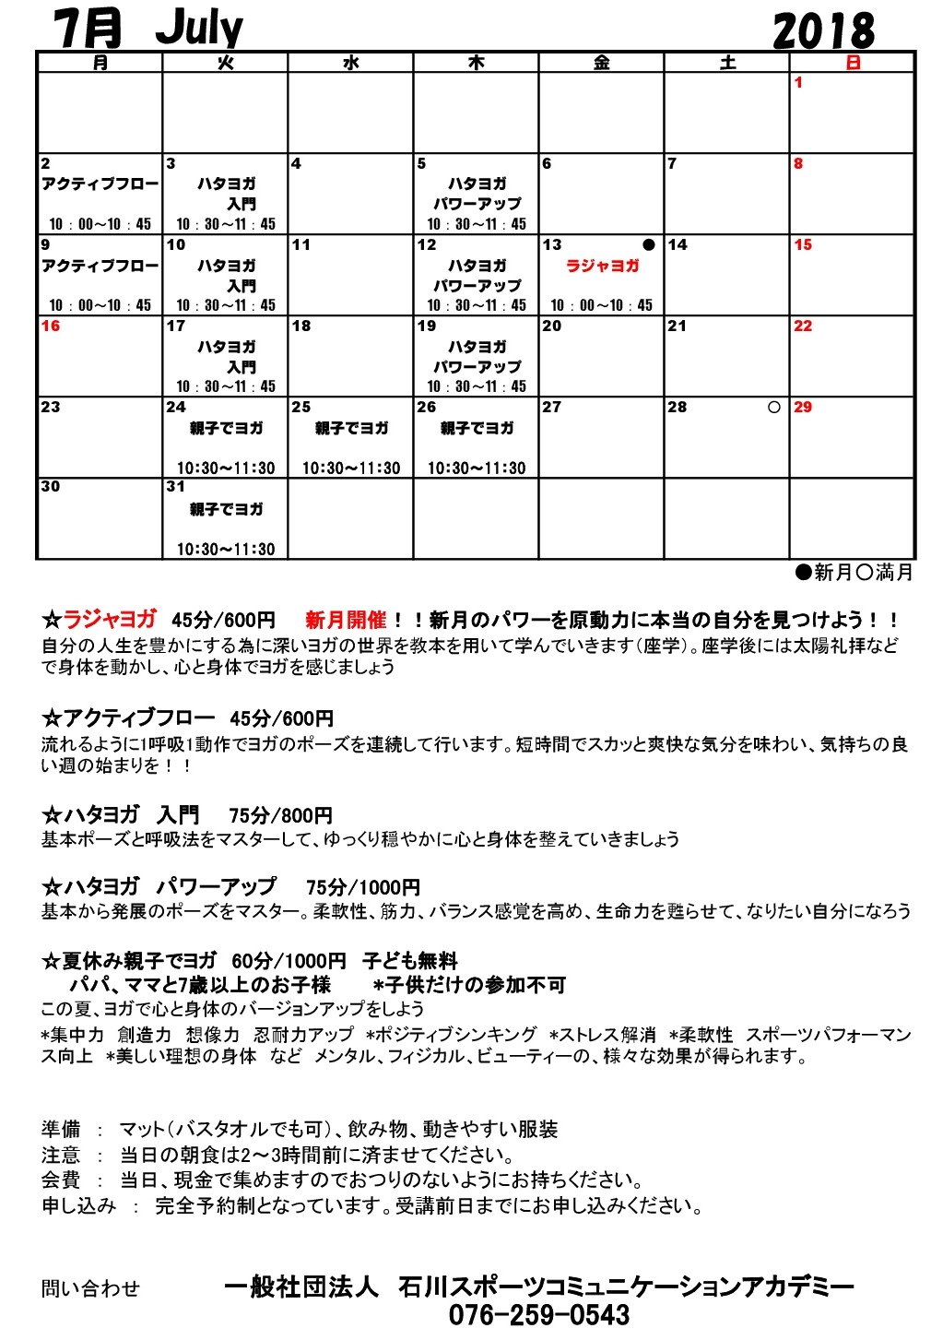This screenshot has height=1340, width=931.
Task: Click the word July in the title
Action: pos(199,29)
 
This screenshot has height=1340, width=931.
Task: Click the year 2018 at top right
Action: pos(823,31)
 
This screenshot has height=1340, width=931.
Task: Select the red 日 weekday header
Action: pos(853,63)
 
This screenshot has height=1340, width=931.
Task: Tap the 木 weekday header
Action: pos(476,63)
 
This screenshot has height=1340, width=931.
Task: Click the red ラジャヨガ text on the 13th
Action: pos(602,266)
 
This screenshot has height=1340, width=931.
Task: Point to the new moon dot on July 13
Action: pos(648,245)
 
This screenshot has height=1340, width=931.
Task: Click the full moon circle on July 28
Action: pos(774,407)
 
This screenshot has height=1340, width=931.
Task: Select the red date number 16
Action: pos(51,326)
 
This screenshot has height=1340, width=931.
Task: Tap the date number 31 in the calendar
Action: pos(176,487)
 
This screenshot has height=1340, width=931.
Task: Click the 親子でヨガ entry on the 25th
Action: pos(351,429)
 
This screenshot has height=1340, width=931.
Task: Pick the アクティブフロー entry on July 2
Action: pos(100,184)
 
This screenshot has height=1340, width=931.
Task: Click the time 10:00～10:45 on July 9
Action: pos(100,305)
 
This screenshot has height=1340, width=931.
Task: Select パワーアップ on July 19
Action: pos(477,366)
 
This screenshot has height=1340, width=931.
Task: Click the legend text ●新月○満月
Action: pos(854,573)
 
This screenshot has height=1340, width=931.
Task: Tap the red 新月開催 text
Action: pos(346,620)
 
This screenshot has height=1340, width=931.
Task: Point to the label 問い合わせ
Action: pos(90,1288)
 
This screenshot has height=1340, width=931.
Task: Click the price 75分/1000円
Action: pos(362,888)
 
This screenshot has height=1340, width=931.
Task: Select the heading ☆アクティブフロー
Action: pos(128,717)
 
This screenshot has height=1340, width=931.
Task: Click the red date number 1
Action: pos(798,83)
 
